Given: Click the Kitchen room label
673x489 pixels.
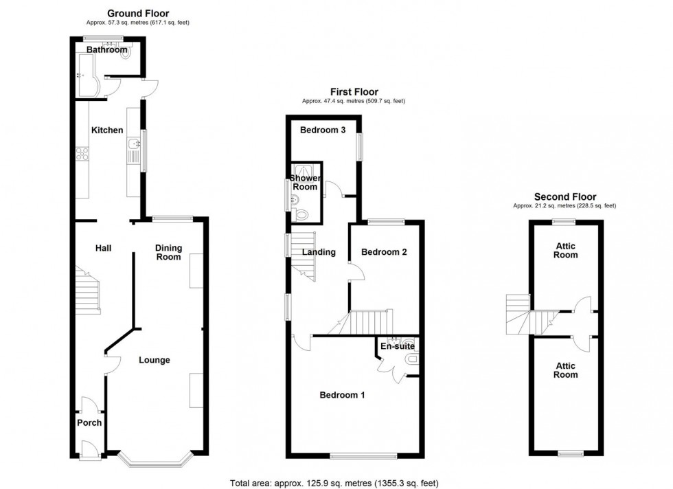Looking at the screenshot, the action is pos(107,130).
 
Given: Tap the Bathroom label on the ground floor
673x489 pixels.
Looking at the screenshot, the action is pos(107,50).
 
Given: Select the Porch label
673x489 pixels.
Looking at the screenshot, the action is pos(89,423).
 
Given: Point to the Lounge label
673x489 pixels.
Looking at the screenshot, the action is pos(154,360).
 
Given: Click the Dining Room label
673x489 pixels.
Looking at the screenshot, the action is pos(169,253).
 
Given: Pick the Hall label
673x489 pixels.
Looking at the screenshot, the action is pos(104,248).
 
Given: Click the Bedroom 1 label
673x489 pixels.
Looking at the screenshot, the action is pos(342,395).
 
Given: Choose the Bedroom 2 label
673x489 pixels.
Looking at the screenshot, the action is pos(384,252).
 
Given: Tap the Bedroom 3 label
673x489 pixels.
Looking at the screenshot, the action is pos(323,130).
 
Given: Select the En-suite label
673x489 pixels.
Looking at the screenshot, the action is pos(398,346).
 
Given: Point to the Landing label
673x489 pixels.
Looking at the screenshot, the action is pos(319,252).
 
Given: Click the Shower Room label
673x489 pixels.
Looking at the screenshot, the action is pos(305,183).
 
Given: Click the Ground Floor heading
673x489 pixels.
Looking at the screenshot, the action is pos(138,13).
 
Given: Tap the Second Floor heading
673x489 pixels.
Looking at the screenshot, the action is pos(564,197).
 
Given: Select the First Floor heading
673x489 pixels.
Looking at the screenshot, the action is pos(354,92).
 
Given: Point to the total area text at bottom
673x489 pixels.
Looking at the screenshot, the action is pos(334,484).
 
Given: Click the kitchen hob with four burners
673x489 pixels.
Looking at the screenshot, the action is pos(82,154).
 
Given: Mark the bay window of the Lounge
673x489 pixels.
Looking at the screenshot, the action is pos(155,459).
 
